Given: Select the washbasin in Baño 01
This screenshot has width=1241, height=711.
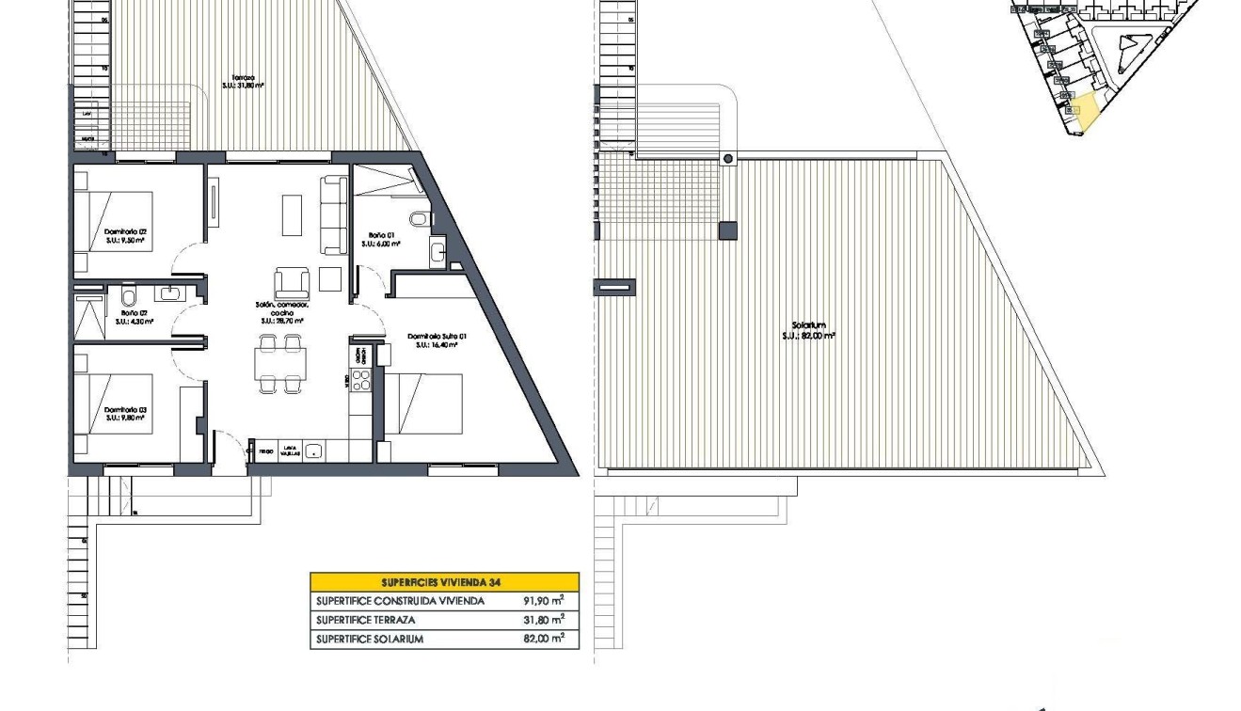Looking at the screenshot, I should pyautogui.click(x=437, y=251).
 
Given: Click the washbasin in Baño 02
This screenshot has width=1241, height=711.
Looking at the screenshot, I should pyautogui.click(x=169, y=293).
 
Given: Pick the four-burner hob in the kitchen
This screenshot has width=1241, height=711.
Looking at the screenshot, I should pyautogui.click(x=361, y=380).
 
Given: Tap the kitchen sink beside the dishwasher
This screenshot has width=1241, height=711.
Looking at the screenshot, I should pyautogui.click(x=313, y=451).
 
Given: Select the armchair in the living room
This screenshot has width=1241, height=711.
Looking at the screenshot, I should pyautogui.click(x=291, y=282).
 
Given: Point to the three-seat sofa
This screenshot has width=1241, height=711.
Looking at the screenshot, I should pyautogui.click(x=334, y=214).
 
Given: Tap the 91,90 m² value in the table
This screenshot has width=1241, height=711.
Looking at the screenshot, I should pyautogui.click(x=544, y=601).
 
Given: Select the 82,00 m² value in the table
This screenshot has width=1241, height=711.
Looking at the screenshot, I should pyautogui.click(x=544, y=639).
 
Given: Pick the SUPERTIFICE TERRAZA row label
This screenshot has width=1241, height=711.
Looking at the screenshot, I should pyautogui.click(x=365, y=620).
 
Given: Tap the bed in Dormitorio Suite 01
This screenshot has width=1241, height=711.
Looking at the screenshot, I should pyautogui.click(x=424, y=403).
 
